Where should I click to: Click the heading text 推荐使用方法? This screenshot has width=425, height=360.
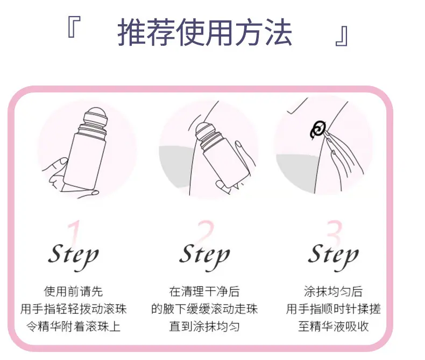(x=204, y=32)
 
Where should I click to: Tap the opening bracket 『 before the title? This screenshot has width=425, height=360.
(x=74, y=26)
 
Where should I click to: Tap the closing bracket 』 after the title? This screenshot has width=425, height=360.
(x=342, y=36)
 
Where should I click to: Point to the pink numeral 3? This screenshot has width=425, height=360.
(x=334, y=232)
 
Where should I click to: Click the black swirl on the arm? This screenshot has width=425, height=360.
(x=318, y=129)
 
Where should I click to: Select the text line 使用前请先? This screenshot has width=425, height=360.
(x=74, y=292)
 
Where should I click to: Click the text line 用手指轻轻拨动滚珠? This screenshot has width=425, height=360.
(x=74, y=309)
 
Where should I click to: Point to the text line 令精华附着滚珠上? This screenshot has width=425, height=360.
(x=74, y=326)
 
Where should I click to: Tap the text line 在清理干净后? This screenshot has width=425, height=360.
(x=204, y=292)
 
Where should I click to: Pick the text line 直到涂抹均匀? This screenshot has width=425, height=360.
(x=204, y=326)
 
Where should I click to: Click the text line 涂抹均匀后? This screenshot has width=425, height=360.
(x=334, y=292)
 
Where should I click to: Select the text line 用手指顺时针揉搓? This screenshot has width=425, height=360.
(x=334, y=309)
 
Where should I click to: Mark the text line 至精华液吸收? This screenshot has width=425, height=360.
(x=334, y=326)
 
